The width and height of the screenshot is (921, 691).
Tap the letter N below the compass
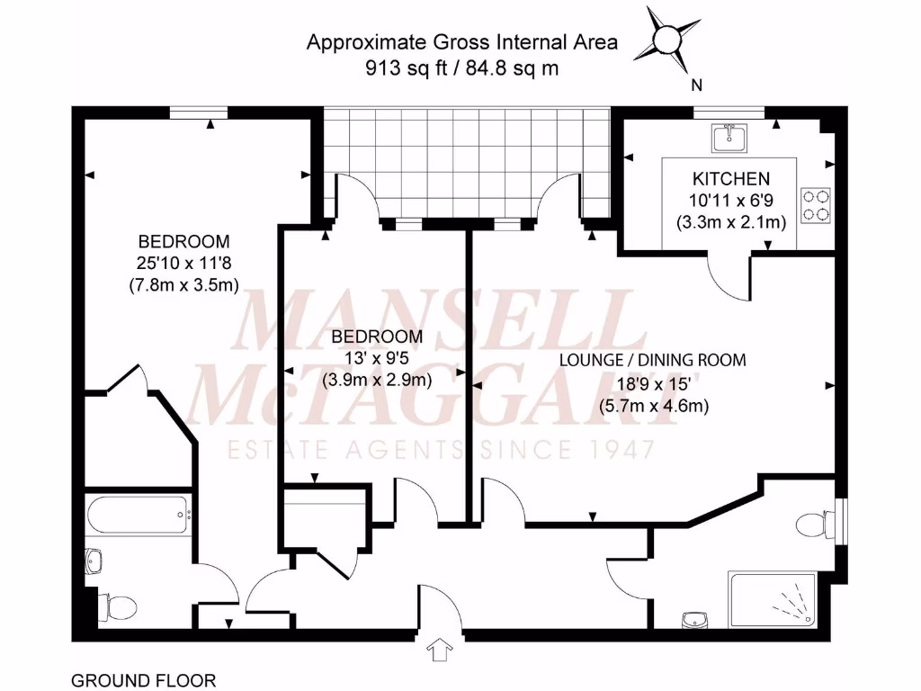[696, 86]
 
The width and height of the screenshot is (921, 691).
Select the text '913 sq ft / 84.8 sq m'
[462, 67]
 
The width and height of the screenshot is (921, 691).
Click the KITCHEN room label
[730, 179]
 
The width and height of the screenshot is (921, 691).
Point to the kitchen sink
[727, 138]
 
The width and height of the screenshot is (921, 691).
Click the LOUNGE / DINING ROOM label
[652, 360]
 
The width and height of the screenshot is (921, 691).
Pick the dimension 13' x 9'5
[377, 358]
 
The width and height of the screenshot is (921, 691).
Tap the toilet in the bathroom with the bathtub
[116, 606]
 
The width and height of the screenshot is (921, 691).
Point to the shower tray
[774, 598]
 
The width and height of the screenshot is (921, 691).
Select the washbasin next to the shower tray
[693, 619]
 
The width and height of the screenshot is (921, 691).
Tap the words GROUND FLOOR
[143, 680]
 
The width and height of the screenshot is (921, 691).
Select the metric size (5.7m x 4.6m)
[654, 405]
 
